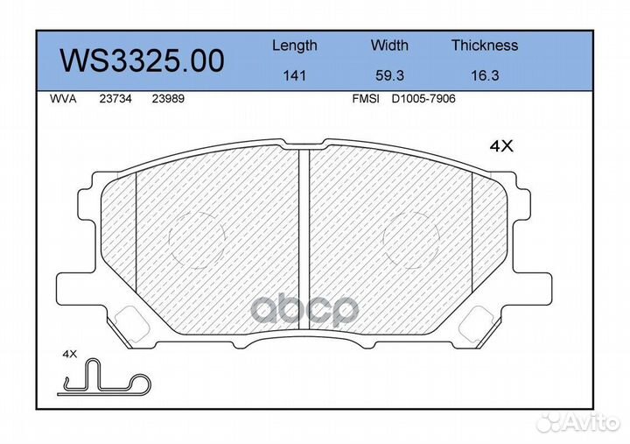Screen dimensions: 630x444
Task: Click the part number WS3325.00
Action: coord(142,61)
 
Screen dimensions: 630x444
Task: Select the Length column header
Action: coord(295,46)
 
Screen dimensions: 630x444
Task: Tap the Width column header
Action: coord(389,45)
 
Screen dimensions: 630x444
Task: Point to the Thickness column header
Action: coord(485,45)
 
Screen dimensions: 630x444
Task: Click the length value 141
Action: coord(295,75)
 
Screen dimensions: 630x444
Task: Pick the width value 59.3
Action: coord(389,75)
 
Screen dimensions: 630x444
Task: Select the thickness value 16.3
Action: coord(485,75)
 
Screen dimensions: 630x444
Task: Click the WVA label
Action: coord(63,99)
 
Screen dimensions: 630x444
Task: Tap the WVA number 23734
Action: coord(115,99)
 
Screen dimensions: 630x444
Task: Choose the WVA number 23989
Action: coord(168,99)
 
